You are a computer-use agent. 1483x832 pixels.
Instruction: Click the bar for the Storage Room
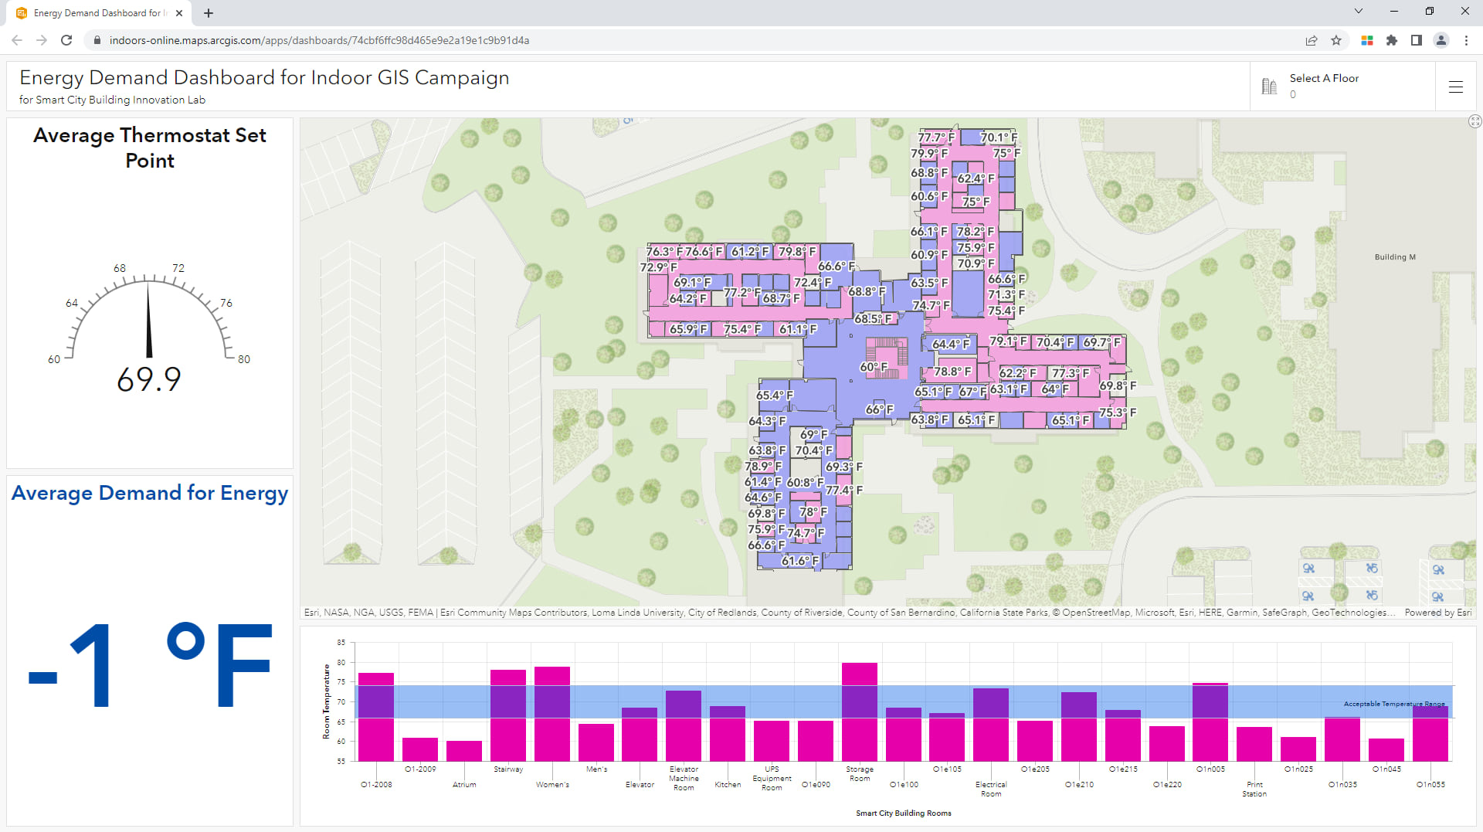coord(859,711)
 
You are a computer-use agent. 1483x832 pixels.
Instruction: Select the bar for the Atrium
coord(464,751)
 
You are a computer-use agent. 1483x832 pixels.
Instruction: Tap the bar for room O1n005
coord(1210,722)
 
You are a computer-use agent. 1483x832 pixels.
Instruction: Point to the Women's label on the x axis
coord(552,785)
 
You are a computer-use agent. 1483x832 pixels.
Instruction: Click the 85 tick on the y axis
coord(341,643)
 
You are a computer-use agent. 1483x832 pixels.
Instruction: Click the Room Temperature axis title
coord(327,701)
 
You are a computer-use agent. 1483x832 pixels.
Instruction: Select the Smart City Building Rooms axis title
coord(903,813)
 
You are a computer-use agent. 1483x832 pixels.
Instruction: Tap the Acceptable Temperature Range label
coord(1393,704)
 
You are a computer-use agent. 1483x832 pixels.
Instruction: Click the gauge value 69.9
coord(149,379)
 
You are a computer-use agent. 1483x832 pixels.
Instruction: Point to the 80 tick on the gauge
coord(243,359)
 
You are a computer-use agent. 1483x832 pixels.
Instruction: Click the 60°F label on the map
coord(874,367)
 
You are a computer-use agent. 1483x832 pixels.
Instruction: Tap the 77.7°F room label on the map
coord(935,138)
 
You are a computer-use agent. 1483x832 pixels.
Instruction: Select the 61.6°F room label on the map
coord(799,561)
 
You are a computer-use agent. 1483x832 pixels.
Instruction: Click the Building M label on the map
coord(1395,257)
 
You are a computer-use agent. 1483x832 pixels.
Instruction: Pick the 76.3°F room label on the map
coord(664,252)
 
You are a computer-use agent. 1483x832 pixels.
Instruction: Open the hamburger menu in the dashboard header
coord(1456,87)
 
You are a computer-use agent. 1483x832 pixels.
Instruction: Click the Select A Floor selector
coord(1323,86)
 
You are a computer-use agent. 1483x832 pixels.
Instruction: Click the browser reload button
coord(66,40)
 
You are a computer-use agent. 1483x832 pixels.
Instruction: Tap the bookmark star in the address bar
coord(1336,40)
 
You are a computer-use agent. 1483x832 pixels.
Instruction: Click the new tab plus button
coord(209,13)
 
